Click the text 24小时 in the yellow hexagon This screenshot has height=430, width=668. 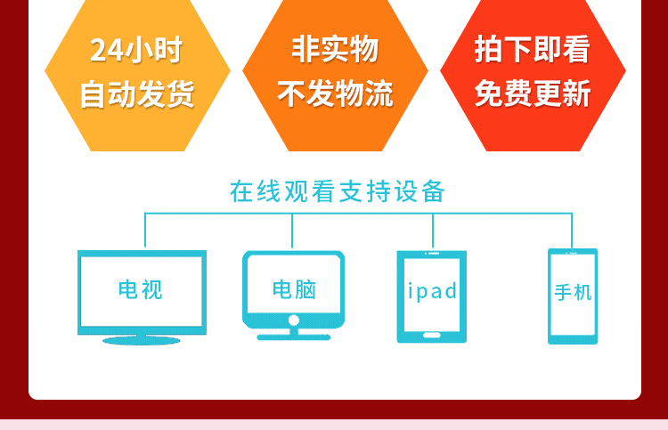pyautogui.click(x=136, y=50)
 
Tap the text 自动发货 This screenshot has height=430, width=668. pyautogui.click(x=137, y=93)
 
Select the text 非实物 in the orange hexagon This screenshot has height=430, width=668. pyautogui.click(x=335, y=49)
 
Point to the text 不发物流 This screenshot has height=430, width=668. pyautogui.click(x=335, y=93)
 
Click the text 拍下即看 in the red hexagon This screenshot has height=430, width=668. pyautogui.click(x=533, y=49)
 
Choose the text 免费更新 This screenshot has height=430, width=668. pyautogui.click(x=533, y=93)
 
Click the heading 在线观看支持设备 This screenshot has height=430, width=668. pyautogui.click(x=338, y=191)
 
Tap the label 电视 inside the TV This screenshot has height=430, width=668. pyautogui.click(x=140, y=290)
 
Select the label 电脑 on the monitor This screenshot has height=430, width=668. pyautogui.click(x=294, y=289)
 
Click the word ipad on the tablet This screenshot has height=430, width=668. pyautogui.click(x=432, y=291)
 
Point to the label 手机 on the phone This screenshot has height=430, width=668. pyautogui.click(x=573, y=293)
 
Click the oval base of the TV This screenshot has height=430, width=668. pyautogui.click(x=142, y=340)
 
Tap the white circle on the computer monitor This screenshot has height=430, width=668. pyautogui.click(x=294, y=320)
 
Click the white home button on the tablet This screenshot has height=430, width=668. pyautogui.click(x=432, y=336)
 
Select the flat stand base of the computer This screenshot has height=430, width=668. pyautogui.click(x=294, y=337)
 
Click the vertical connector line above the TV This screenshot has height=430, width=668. pyautogui.click(x=145, y=230)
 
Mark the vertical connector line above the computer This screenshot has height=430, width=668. pyautogui.click(x=292, y=231)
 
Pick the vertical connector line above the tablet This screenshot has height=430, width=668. pyautogui.click(x=433, y=231)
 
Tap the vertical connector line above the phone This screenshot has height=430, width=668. pyautogui.click(x=572, y=231)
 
